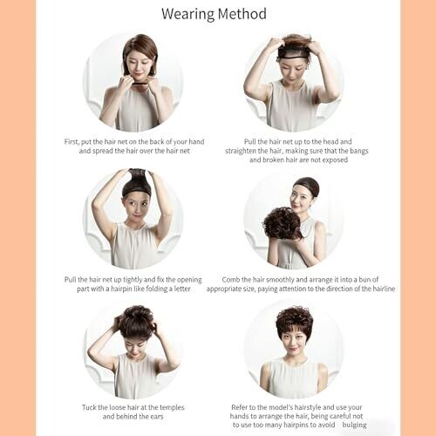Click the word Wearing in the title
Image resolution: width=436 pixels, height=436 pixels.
187,15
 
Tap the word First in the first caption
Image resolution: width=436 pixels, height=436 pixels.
72,142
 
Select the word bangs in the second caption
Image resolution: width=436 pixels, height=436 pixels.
359,151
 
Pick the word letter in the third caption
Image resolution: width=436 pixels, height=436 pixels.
182,289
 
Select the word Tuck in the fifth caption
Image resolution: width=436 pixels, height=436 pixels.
89,407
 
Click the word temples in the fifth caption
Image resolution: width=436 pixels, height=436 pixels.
172,408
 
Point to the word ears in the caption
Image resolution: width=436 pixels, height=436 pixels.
157,417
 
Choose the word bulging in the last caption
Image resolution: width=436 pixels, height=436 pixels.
354,425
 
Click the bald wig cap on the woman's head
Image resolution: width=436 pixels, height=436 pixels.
306,186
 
